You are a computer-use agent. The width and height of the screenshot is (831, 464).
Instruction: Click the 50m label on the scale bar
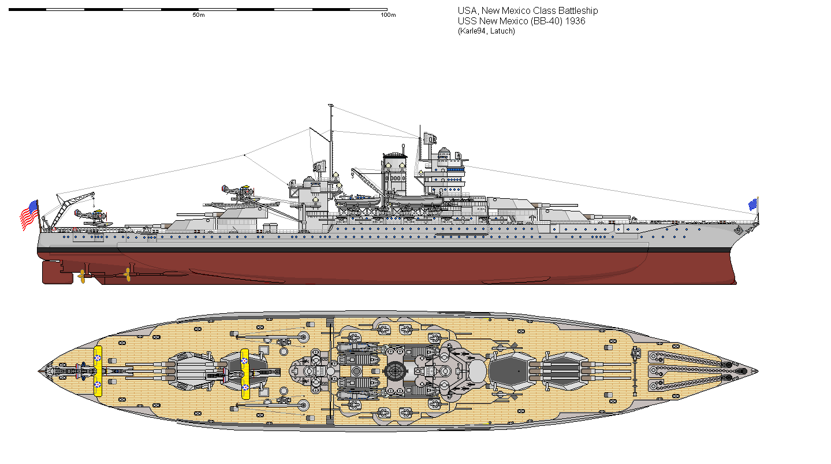pyautogui.click(x=198, y=15)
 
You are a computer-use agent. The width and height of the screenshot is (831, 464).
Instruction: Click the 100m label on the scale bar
pyautogui.click(x=388, y=15)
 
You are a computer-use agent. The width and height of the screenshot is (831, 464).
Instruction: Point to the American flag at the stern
pyautogui.click(x=29, y=215)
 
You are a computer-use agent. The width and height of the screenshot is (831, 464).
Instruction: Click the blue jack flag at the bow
pyautogui.click(x=753, y=204)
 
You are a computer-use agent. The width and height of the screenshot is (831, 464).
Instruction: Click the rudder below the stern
pyautogui.click(x=50, y=272)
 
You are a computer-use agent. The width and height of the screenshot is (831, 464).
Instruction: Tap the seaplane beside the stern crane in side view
pyautogui.click(x=88, y=216)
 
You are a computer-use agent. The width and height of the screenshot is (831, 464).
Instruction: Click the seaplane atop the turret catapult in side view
pyautogui.click(x=237, y=192)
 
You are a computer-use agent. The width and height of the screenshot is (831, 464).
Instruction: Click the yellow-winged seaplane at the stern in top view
pyautogui.click(x=98, y=371)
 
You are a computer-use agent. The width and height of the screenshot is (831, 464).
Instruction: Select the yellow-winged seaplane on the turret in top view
pyautogui.click(x=245, y=373)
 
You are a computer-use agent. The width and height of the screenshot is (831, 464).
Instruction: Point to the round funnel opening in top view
pyautogui.click(x=397, y=371)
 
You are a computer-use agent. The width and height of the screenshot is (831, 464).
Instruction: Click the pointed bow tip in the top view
pyautogui.click(x=757, y=371)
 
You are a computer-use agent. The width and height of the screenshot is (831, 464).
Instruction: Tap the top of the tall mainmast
pyautogui.click(x=330, y=106)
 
